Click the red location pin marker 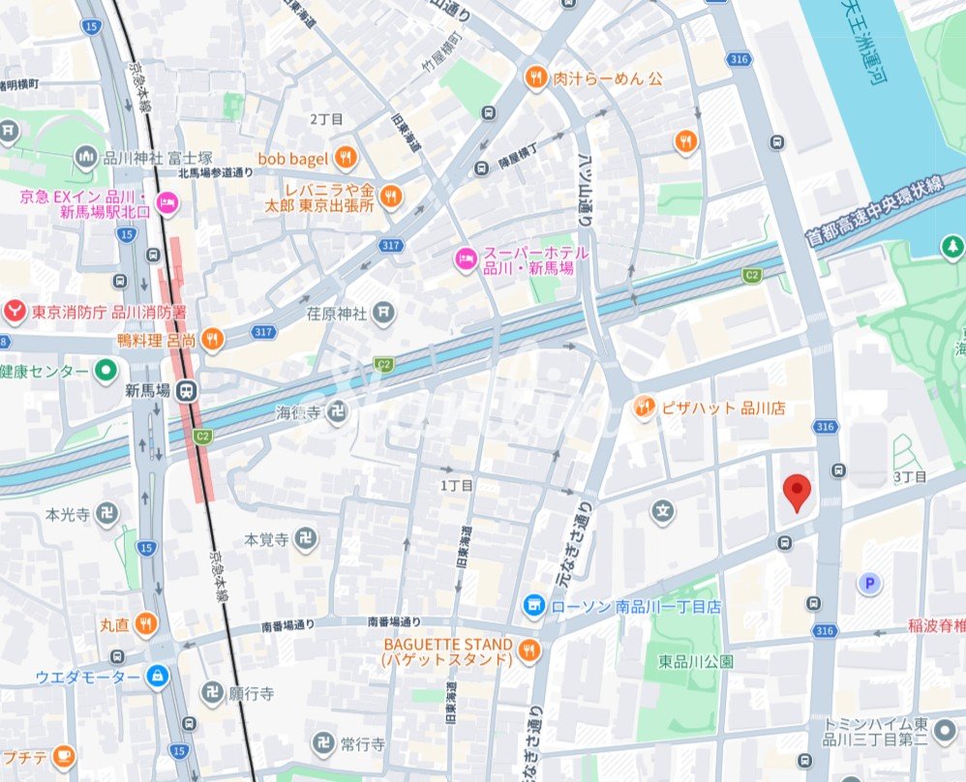[x=796, y=492]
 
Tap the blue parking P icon [x=870, y=583]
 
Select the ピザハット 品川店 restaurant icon [x=644, y=408]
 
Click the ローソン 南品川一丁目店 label [x=636, y=607]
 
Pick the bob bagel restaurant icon [x=346, y=157]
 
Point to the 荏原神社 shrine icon [x=385, y=313]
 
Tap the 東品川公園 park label [x=696, y=662]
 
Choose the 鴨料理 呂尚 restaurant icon [x=212, y=339]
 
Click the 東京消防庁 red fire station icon [x=14, y=312]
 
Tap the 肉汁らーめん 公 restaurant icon [x=536, y=78]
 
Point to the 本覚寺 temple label [x=266, y=539]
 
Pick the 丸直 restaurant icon [x=145, y=624]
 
